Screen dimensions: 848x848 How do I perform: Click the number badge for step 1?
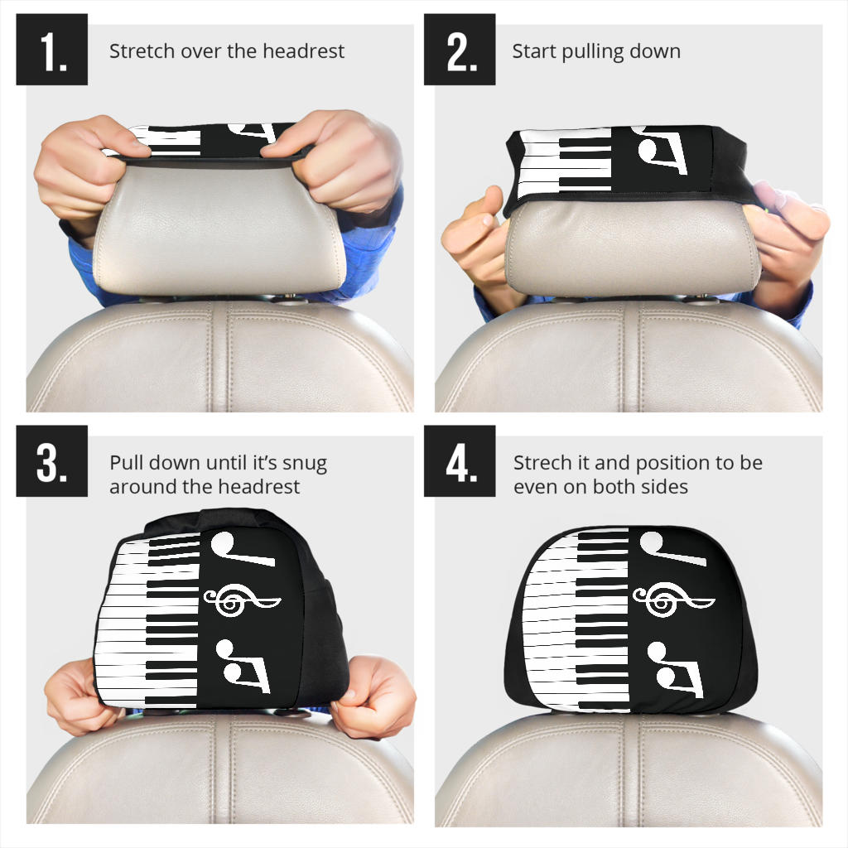tap(51, 50)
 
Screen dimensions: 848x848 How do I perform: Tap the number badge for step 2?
tap(460, 50)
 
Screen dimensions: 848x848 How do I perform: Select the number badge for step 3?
tap(51, 461)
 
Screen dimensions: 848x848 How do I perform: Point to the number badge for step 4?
tap(460, 461)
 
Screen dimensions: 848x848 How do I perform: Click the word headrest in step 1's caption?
tap(304, 51)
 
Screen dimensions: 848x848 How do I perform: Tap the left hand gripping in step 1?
tap(83, 166)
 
